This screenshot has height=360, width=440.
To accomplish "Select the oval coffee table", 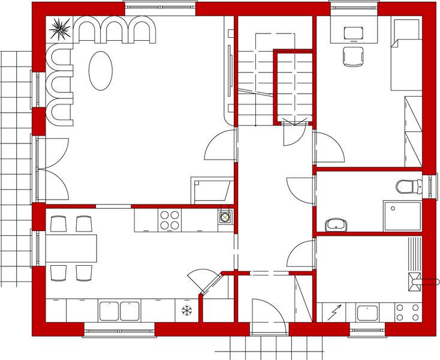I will coord(100,70).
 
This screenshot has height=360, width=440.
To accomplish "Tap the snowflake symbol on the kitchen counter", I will coord(186,311).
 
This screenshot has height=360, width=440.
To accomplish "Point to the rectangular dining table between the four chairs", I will coord(71,248).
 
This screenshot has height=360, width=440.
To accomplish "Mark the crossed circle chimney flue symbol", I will coord(225,217).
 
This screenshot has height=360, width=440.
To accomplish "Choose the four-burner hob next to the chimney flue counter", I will coord(170,219).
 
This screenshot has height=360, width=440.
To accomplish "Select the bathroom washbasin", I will coord(336,225).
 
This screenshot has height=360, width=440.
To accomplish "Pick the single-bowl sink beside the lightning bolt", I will coord(366,313).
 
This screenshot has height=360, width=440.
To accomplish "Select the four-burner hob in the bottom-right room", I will coord(408,312).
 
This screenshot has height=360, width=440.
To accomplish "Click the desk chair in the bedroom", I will coord(353,56).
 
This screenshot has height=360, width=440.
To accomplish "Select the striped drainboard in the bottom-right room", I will coord(414,255).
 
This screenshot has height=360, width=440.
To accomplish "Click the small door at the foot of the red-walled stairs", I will coord(294,132).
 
